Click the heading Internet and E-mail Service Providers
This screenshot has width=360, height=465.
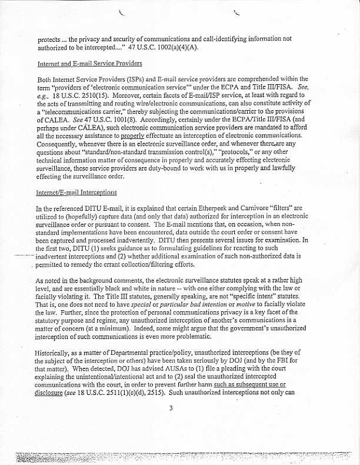[x=89, y=64]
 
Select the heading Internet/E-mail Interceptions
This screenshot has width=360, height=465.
[x=76, y=192]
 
